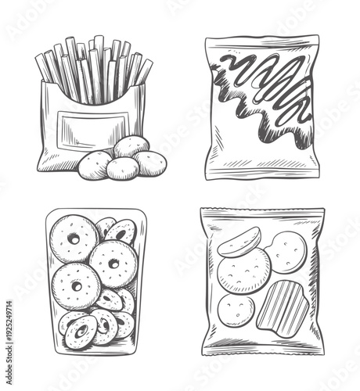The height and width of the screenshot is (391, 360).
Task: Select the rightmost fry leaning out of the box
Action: pos(144,71)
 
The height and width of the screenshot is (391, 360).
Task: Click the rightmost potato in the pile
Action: pos(150,163)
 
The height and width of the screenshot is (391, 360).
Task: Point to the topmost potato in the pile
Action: pos(131,146)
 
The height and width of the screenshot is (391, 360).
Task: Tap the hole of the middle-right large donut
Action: pos(113,264)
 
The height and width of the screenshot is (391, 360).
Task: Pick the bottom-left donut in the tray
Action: pos(80,332)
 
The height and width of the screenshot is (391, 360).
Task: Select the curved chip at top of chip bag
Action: pos(239,242)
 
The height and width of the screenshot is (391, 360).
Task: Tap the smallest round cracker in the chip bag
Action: pos(236,310)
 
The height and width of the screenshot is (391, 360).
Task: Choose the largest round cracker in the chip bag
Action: pos(243,273)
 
